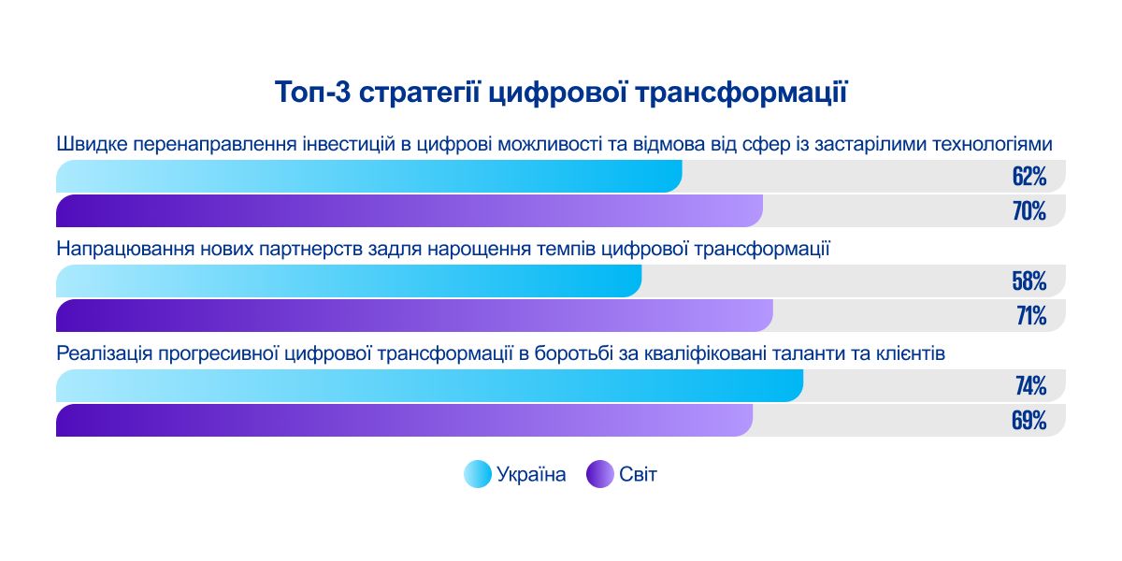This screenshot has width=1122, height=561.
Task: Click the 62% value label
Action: pos(1028,177)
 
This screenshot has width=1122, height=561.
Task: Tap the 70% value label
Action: pos(1028,211)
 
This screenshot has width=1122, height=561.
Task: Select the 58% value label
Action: pos(1028,281)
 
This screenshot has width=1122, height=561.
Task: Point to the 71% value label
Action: pos(1030,316)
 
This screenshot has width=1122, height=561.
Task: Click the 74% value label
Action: pos(1028,386)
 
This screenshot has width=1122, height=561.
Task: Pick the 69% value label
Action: pos(1028,421)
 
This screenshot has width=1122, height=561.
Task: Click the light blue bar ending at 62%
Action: pos(369,177)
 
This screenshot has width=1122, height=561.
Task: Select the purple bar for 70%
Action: pos(410,211)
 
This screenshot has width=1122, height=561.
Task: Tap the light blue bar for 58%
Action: pos(349,281)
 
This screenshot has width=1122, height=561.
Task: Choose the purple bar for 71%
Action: pos(415,316)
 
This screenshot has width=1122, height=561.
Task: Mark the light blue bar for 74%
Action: pos(430,386)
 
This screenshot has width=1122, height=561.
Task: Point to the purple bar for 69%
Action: pos(404,421)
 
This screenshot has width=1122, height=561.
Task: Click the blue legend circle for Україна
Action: pos(477,475)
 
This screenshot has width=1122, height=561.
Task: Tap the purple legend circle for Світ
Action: pos(599,475)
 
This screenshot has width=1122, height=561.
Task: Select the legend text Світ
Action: pos(638,475)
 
